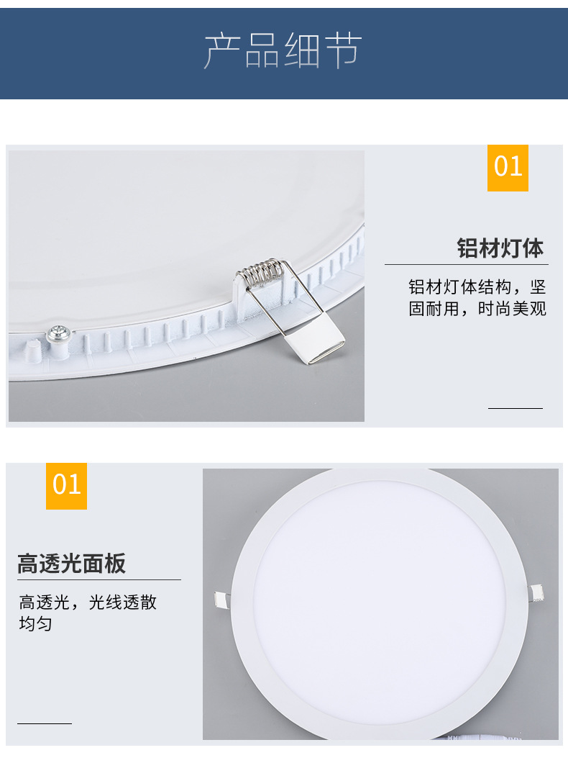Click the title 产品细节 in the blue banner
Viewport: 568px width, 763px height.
283,50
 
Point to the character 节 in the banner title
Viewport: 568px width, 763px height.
343,50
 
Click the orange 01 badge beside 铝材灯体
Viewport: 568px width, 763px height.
508,167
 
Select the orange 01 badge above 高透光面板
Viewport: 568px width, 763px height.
66,485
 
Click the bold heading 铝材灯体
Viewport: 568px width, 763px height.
500,248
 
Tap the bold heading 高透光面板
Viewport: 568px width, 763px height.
71,564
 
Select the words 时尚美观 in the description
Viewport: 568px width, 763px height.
512,310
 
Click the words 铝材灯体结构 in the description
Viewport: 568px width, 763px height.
460,287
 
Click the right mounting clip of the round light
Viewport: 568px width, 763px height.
536,593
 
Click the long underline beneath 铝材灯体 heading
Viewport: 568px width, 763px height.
466,265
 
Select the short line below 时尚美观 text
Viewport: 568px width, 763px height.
515,408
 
